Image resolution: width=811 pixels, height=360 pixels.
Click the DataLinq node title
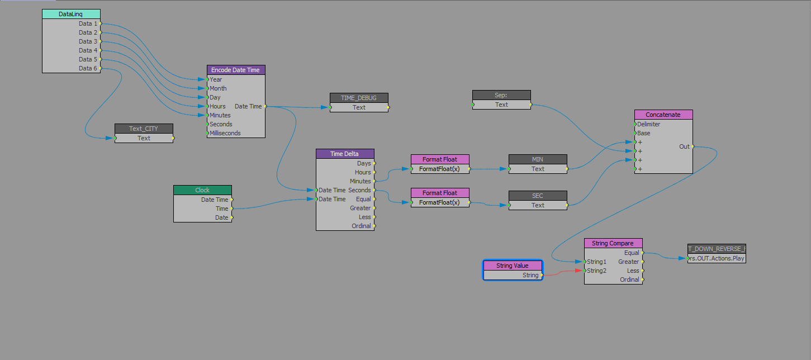click(x=71, y=14)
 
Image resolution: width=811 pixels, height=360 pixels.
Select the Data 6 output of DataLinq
click(x=101, y=68)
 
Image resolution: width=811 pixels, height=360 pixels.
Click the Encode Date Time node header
click(x=235, y=70)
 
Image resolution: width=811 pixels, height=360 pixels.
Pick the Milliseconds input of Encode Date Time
click(x=207, y=133)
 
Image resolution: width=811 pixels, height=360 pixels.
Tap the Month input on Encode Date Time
click(x=207, y=88)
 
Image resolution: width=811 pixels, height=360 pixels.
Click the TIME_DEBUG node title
click(x=358, y=98)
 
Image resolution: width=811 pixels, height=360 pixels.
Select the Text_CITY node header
click(x=144, y=129)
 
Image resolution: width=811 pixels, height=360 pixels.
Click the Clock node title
click(x=202, y=190)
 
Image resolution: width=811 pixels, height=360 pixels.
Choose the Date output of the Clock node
click(x=231, y=217)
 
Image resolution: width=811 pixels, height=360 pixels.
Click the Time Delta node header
click(x=345, y=154)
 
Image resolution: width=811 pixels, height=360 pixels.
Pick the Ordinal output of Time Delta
click(x=374, y=226)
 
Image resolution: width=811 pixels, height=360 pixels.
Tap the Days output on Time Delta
click(x=374, y=163)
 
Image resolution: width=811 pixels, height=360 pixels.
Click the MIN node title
click(x=538, y=159)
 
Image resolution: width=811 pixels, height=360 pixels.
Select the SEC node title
click(x=538, y=196)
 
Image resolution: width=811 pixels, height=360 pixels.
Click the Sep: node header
click(x=501, y=95)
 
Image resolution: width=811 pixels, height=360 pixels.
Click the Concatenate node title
click(x=663, y=115)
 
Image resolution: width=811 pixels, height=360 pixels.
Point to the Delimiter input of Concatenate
click(x=635, y=124)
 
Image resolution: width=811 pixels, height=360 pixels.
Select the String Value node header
click(x=512, y=266)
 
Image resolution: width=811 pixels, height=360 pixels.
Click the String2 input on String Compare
click(x=585, y=271)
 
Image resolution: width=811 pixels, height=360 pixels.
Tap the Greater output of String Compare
click(x=643, y=262)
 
